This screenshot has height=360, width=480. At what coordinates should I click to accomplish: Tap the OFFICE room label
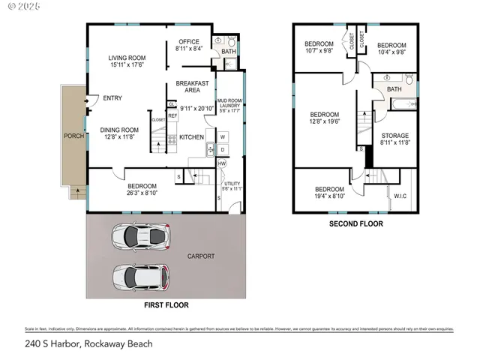click(187, 42)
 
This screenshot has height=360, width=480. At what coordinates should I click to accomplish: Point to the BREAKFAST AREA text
click(191, 86)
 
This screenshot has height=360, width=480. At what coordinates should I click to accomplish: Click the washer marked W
click(223, 137)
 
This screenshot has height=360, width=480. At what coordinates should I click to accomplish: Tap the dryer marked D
click(223, 149)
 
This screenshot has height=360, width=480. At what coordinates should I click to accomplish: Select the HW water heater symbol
click(222, 163)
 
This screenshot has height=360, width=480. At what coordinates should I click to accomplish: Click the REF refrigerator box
click(172, 115)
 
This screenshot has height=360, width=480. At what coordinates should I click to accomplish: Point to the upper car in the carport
click(141, 237)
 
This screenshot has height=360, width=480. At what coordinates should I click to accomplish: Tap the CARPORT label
click(201, 256)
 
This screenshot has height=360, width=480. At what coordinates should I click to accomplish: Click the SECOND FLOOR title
click(356, 223)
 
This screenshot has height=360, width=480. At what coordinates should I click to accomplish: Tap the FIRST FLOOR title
click(166, 305)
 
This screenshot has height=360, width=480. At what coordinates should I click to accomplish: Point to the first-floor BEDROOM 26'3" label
click(142, 187)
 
